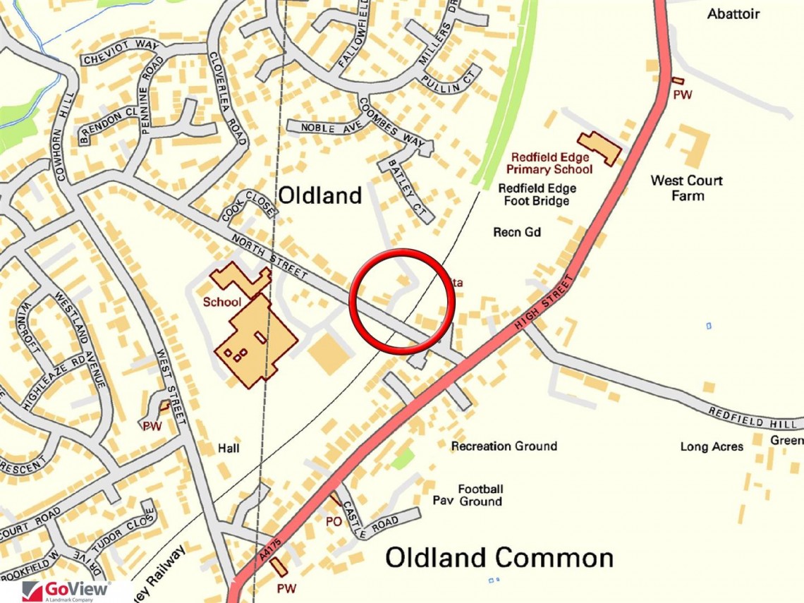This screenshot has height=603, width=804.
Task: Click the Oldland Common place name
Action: [499, 558]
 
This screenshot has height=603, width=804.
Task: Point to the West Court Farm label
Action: [686, 188]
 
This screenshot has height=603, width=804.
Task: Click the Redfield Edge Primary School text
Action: [552, 163]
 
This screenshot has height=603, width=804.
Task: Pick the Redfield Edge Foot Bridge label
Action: [537, 195]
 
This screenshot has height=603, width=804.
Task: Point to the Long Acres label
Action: [712, 446]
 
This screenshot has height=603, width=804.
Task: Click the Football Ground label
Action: [481, 495]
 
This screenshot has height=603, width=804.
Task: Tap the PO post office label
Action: [333, 522]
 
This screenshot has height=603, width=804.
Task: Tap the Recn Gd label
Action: [517, 232]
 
